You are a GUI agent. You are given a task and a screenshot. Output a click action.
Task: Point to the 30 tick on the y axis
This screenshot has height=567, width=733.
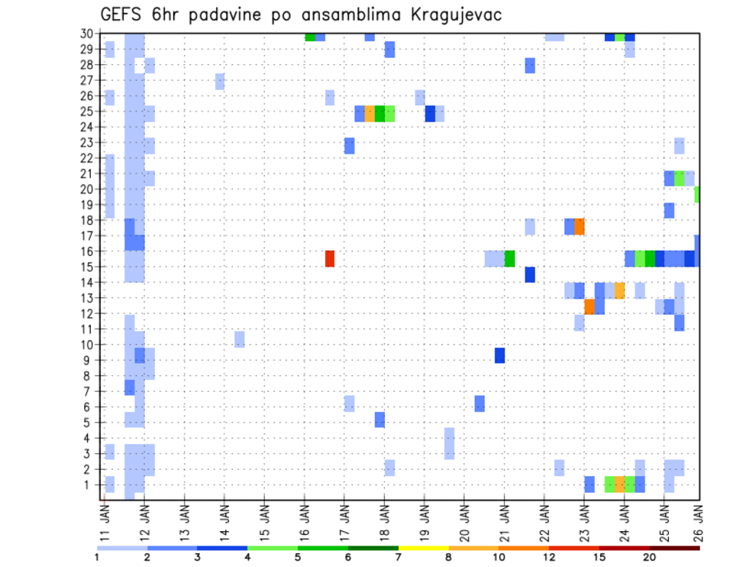pos(86,33)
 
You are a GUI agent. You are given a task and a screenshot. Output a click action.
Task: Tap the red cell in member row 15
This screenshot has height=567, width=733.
pos(330,258)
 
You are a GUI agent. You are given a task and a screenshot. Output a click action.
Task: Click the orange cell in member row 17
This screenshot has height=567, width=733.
pos(580,226)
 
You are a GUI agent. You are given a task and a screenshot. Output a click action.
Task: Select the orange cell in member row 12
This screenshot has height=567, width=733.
pos(589,306)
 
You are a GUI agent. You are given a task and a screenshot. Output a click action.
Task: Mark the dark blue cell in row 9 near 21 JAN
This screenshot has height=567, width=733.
pos(499,355)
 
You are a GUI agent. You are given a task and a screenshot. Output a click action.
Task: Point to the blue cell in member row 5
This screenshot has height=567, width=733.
pos(379,420)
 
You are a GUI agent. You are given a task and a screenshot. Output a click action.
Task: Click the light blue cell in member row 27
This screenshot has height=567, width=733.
pos(220,81)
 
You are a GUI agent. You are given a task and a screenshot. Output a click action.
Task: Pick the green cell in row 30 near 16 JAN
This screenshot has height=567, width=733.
pos(309,37)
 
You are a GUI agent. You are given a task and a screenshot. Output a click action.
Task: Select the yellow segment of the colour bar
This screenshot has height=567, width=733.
pos(423,548)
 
